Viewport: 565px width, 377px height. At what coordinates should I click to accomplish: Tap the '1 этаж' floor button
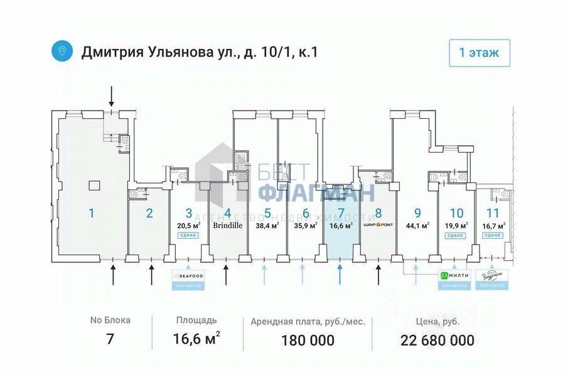(x=479, y=53)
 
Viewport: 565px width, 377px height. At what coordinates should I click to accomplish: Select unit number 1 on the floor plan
(x=92, y=213)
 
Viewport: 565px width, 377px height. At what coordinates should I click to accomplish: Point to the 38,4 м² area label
(x=267, y=226)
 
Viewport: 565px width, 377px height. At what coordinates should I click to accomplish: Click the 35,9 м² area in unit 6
(x=306, y=226)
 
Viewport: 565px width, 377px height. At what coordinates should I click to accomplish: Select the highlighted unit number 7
(x=341, y=212)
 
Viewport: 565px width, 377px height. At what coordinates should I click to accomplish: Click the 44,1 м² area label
(x=417, y=226)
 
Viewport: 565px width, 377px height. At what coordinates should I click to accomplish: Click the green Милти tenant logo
(x=454, y=275)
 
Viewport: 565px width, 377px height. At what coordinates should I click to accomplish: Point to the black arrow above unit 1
(x=112, y=96)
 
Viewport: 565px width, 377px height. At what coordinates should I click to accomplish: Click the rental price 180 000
(x=308, y=341)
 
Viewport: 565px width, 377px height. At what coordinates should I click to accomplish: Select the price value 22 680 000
(x=437, y=341)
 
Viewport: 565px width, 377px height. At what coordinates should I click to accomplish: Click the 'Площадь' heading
(x=196, y=320)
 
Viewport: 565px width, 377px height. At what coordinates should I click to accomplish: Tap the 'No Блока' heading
(x=110, y=320)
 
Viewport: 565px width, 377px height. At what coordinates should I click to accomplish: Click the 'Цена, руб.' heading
(x=437, y=321)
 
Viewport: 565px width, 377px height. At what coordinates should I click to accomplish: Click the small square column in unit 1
(x=94, y=185)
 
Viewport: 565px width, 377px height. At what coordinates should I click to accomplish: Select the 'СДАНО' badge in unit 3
(x=188, y=235)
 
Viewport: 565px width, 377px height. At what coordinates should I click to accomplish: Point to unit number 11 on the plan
(x=493, y=212)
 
